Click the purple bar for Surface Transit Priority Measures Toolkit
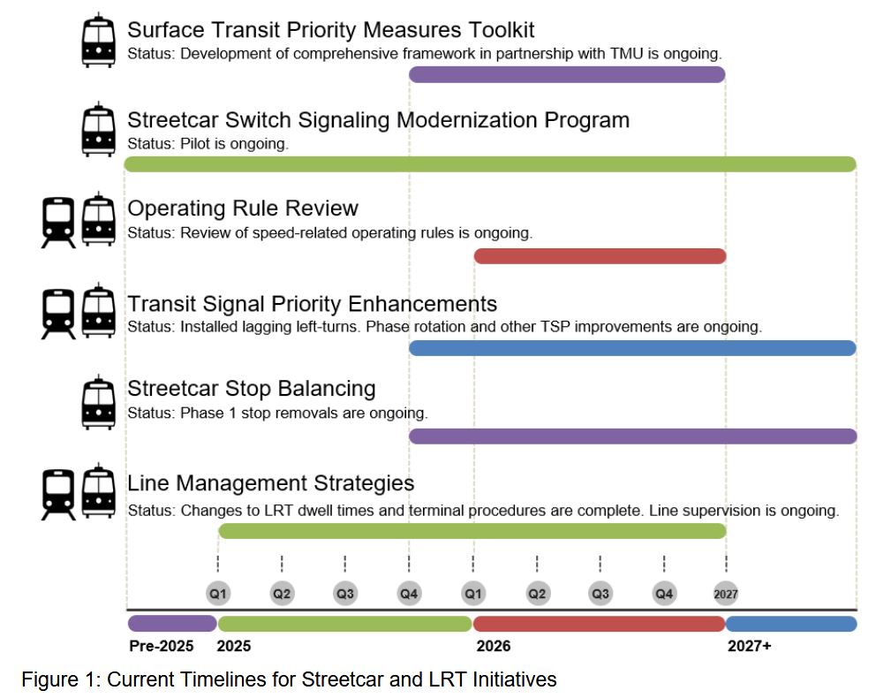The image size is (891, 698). point(567,74)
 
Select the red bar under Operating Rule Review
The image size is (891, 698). point(600,256)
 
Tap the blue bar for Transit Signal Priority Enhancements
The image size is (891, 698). point(632,348)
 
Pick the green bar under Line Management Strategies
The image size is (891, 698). point(472,531)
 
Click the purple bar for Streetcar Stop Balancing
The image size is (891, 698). point(632,436)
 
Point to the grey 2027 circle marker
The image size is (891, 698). point(726,594)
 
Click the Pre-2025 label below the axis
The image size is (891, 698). point(161,646)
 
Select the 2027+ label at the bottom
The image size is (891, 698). point(749,646)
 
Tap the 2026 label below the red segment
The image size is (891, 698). point(494,646)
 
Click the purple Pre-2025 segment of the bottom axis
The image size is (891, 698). point(172,624)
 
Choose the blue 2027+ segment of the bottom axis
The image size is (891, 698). point(790,624)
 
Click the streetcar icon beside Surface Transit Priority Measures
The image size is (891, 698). point(98,42)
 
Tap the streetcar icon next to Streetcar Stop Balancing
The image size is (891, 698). point(98,402)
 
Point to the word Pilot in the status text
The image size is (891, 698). point(197,143)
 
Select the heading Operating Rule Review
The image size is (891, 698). point(243,209)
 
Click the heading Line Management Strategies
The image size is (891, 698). point(270,483)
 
